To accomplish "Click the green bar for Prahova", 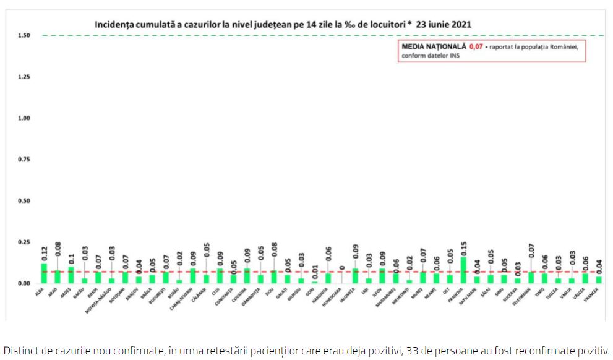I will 464,270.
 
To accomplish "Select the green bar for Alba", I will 44,273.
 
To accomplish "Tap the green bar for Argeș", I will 71,275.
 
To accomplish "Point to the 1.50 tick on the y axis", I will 24,35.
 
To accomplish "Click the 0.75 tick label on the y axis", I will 24,159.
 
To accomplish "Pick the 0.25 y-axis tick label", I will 24,242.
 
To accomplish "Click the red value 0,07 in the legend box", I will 476,46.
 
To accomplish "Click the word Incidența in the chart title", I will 116,25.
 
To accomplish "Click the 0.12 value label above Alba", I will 44,254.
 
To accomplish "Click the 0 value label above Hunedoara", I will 341,268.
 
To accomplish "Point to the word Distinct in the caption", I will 20,349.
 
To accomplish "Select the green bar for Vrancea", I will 598,280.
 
